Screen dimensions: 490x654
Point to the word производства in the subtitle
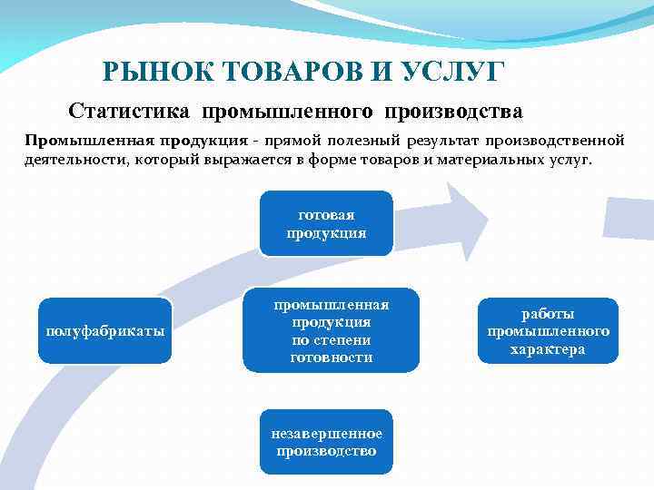(453, 112)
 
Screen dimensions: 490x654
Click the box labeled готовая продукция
(326, 223)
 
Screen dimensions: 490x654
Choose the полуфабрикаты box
(105, 330)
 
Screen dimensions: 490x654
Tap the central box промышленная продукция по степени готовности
(331, 330)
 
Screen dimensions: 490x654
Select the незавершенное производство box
(326, 442)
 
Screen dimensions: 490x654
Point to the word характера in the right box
(548, 349)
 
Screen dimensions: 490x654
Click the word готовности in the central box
(331, 357)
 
